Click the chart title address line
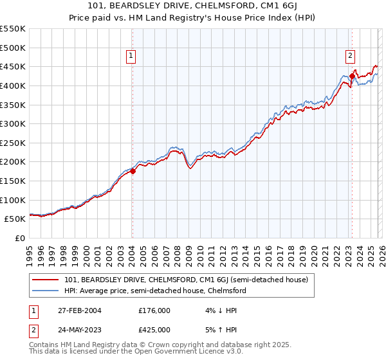click(192, 6)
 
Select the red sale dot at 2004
click(133, 171)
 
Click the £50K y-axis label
click(15, 219)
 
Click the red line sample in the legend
click(46, 280)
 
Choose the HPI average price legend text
click(155, 291)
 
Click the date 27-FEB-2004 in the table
click(81, 310)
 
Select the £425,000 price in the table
click(154, 330)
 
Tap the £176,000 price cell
click(154, 310)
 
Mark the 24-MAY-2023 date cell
click(81, 330)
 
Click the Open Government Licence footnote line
click(136, 352)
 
